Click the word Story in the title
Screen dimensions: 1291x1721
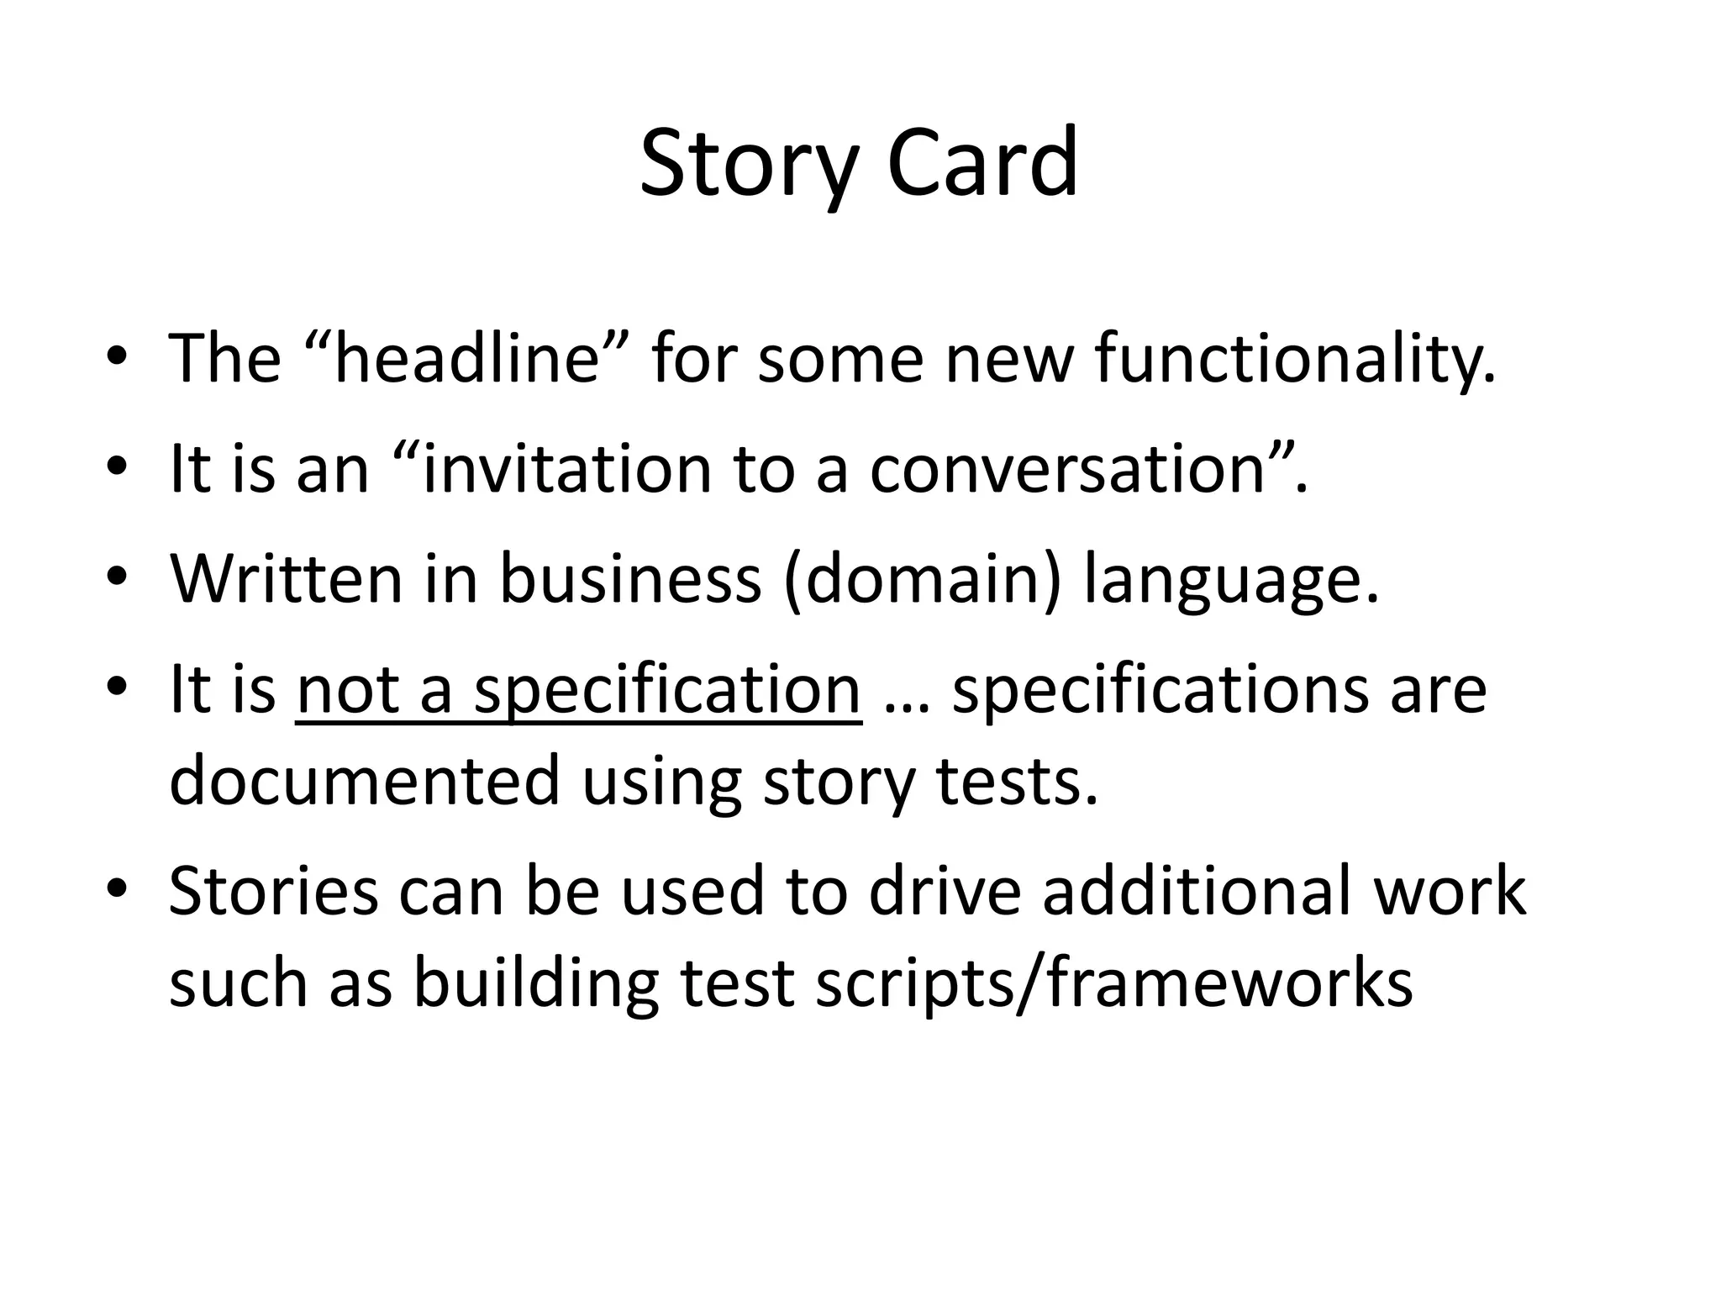coord(750,164)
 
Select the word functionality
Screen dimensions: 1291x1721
coord(1295,359)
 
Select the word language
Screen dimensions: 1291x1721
coord(1231,582)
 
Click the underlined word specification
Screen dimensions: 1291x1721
coord(667,691)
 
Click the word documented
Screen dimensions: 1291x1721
coord(364,780)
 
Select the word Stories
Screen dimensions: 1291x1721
coord(274,891)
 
